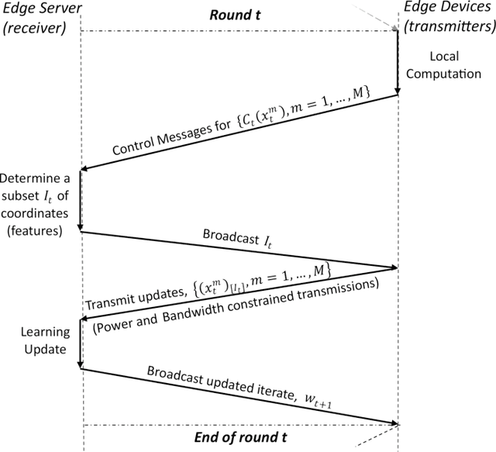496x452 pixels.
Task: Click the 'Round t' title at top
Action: pos(237,13)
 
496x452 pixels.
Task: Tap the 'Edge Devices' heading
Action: pos(447,12)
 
